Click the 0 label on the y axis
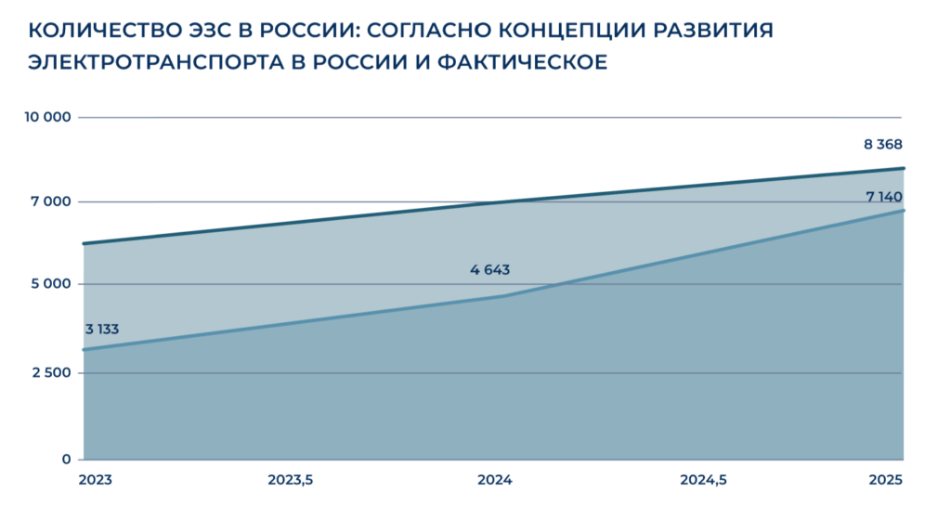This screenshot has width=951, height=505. click(67, 459)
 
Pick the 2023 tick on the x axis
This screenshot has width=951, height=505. click(95, 480)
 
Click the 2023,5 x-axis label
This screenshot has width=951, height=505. click(291, 480)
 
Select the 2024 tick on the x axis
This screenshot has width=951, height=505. click(494, 480)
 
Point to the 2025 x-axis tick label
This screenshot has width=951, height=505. click(886, 480)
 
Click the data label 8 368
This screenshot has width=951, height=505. click(882, 145)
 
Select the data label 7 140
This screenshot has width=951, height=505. click(883, 197)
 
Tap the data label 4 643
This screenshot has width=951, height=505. click(490, 270)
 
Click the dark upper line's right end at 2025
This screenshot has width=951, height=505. click(903, 169)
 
